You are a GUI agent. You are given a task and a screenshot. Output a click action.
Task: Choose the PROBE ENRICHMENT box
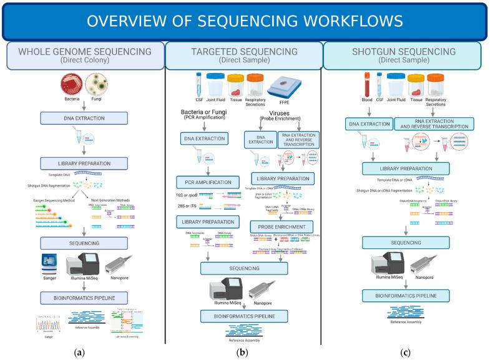(x=280, y=226)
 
